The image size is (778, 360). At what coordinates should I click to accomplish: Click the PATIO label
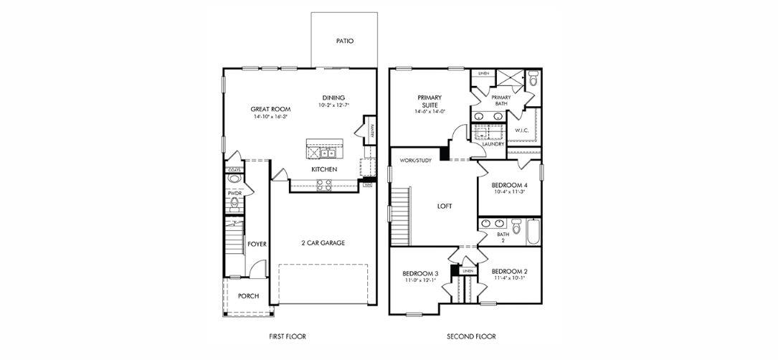[345, 42]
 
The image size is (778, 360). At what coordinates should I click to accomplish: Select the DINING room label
[333, 98]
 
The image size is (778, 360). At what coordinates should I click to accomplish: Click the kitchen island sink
[328, 152]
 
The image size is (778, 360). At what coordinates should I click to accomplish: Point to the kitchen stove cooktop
[324, 184]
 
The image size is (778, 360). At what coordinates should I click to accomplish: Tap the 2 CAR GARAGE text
[323, 243]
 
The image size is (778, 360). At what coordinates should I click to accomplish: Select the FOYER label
[257, 245]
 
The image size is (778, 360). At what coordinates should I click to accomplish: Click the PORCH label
[248, 296]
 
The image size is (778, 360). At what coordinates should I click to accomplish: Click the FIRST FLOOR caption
[287, 336]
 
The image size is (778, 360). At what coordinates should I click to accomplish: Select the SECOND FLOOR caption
[471, 336]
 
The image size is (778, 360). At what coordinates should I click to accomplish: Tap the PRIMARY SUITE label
[430, 101]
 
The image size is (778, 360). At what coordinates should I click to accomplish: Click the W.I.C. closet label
[522, 130]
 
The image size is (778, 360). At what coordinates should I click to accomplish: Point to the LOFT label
[445, 206]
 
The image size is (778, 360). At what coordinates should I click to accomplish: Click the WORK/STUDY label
[416, 161]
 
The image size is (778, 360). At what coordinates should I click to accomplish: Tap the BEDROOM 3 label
[420, 273]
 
